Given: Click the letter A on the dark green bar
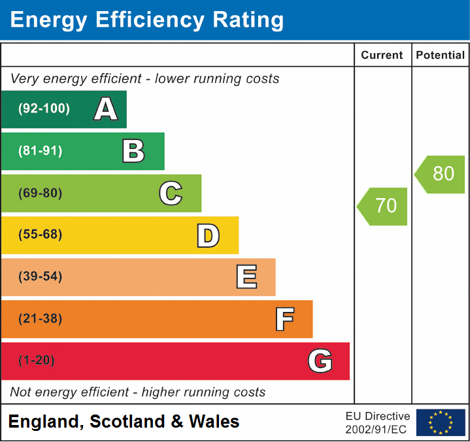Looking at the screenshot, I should click(x=106, y=109).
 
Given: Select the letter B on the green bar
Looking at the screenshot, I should click(x=133, y=151).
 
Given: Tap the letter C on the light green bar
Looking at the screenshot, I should click(x=171, y=193).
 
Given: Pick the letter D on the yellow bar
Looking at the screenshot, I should click(x=208, y=235).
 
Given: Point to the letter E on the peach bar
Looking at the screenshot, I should click(x=246, y=277).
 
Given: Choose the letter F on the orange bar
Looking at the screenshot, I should click(x=284, y=319).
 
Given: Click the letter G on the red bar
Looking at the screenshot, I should click(x=320, y=361).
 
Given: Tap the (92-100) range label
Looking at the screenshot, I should click(x=44, y=109).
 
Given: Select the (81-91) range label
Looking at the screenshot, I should click(x=41, y=151).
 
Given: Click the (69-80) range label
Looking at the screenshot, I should click(x=41, y=193).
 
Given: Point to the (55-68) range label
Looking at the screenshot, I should click(x=41, y=235).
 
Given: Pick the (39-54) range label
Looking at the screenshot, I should click(x=41, y=277).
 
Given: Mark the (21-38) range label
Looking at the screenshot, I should click(x=41, y=319).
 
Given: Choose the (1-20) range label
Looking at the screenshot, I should click(x=37, y=361).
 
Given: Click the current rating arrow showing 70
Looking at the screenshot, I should click(x=383, y=206).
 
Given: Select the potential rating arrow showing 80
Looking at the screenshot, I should click(x=441, y=174).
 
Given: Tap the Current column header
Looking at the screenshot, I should click(x=382, y=56).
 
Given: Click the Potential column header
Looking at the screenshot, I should click(x=441, y=56).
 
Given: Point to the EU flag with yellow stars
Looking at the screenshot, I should click(x=441, y=422).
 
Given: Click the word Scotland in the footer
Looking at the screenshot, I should click(x=127, y=422).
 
